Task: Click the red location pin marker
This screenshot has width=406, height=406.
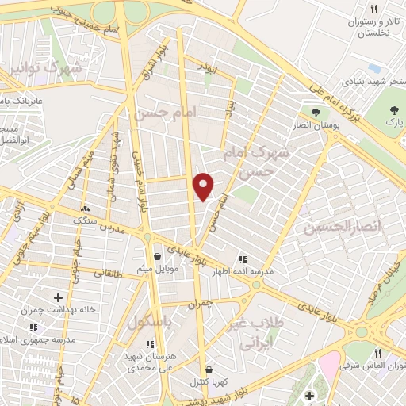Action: [205, 186]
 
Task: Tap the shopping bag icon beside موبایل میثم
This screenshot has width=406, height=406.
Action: [158, 256]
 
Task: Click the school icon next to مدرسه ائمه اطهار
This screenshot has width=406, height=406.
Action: [243, 259]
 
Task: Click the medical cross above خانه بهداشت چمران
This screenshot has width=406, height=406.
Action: [58, 297]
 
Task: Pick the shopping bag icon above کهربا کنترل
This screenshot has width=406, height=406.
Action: [208, 369]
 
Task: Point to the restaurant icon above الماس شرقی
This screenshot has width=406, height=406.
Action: [378, 354]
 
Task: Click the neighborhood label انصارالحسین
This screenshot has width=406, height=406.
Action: [342, 228]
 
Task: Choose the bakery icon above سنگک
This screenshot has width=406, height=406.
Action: [85, 210]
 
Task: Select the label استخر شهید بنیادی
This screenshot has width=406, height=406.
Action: [365, 81]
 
